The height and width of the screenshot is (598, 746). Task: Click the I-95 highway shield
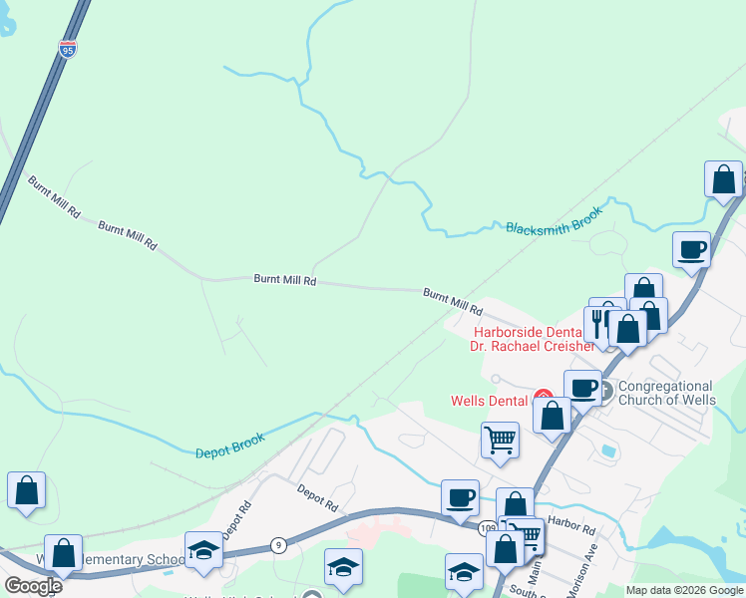coord(67,49)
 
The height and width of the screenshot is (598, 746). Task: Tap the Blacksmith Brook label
coord(555,221)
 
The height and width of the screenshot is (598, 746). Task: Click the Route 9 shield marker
coord(278,545)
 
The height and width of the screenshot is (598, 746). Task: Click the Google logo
coord(33,585)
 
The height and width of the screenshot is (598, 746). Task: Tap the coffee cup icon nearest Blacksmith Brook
coord(691,249)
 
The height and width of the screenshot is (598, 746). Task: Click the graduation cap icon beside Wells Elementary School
coord(203,550)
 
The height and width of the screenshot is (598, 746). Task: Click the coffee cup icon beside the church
coord(581,387)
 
